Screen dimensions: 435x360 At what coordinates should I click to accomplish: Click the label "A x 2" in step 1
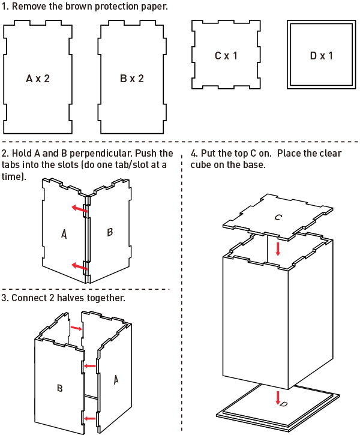tap(38, 79)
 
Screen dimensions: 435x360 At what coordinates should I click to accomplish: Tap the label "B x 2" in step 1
tap(132, 79)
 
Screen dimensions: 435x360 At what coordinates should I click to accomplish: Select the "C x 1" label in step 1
tap(226, 56)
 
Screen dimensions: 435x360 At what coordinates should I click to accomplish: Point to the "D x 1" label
tap(321, 56)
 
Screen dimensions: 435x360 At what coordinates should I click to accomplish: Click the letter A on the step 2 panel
tap(64, 235)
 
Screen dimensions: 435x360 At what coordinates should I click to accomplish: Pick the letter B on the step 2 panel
tap(110, 232)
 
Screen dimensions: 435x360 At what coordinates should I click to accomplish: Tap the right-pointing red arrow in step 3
tap(75, 328)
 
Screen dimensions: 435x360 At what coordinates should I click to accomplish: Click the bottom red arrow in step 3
tap(91, 418)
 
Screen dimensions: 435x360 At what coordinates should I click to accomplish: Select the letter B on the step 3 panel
tap(59, 388)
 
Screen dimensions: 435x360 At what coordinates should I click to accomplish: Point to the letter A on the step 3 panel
tap(116, 379)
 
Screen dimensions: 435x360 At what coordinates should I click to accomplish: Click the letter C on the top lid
tap(278, 217)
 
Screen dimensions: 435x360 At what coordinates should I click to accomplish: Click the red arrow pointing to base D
tap(278, 396)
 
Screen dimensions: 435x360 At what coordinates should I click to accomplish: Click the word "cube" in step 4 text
tap(203, 164)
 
